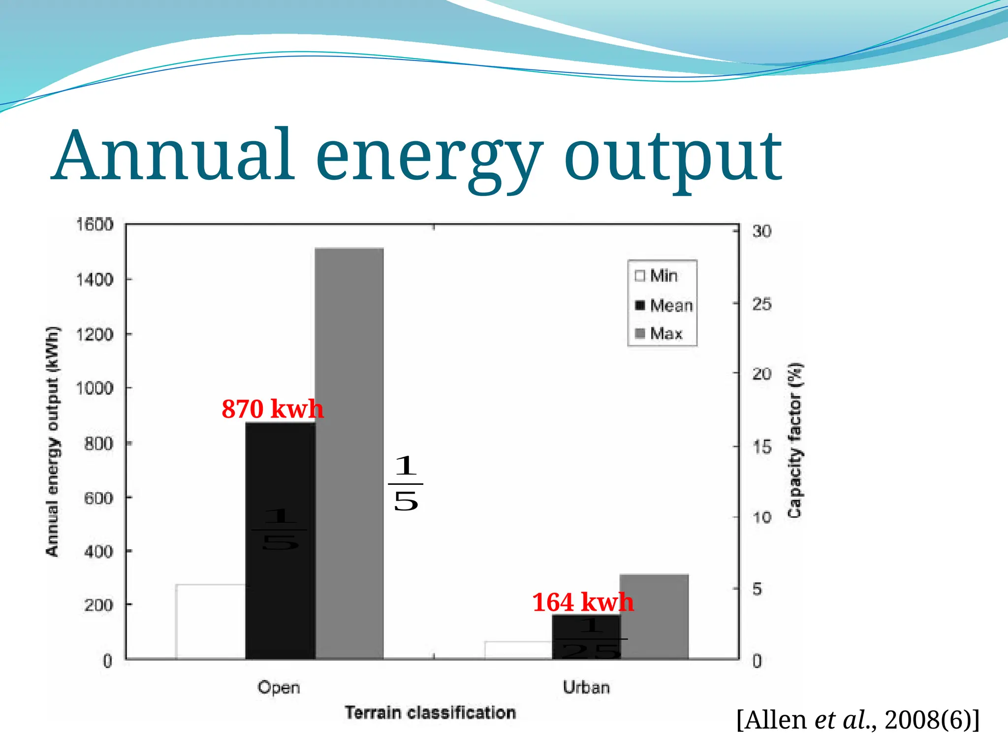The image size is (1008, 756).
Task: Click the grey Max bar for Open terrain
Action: click(349, 453)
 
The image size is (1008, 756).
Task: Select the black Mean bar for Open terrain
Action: click(280, 492)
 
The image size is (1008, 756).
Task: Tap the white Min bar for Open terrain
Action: click(211, 621)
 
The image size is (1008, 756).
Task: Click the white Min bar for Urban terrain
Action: click(518, 650)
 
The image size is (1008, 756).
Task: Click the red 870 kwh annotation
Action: click(272, 409)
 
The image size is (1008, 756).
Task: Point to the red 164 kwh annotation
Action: click(583, 602)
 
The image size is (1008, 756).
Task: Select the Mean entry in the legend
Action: click(664, 306)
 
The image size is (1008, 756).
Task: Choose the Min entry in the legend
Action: click(657, 276)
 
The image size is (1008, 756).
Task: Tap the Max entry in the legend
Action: click(659, 334)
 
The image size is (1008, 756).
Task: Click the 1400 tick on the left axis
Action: click(94, 280)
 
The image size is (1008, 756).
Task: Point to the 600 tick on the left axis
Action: click(98, 498)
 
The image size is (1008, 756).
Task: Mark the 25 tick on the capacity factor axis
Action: click(761, 304)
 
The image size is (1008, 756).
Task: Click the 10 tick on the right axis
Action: click(761, 517)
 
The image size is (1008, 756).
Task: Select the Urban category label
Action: click(586, 687)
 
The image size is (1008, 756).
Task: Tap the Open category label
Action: click(279, 687)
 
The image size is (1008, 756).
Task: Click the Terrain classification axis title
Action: click(430, 713)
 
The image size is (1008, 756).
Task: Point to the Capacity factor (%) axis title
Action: click(795, 441)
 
